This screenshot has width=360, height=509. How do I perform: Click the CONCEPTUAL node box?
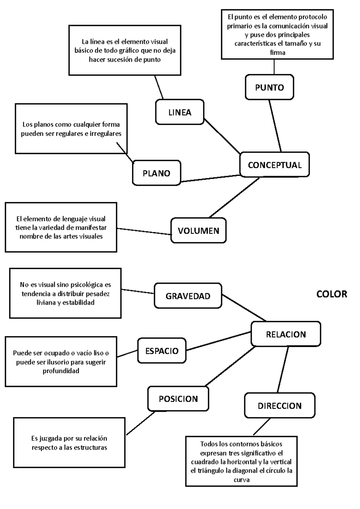pyautogui.click(x=274, y=165)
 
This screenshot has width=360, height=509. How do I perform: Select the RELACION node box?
pyautogui.click(x=286, y=334)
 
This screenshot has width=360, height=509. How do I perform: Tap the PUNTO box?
pyautogui.click(x=269, y=87)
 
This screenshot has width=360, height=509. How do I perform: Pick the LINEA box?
pyautogui.click(x=179, y=112)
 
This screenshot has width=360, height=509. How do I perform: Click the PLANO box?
pyautogui.click(x=156, y=173)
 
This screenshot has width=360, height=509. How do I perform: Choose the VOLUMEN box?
pyautogui.click(x=198, y=231)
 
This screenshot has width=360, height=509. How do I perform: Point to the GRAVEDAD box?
pyautogui.click(x=188, y=296)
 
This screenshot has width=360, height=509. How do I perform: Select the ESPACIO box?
pyautogui.click(x=162, y=351)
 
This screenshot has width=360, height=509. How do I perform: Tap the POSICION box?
pyautogui.click(x=178, y=399)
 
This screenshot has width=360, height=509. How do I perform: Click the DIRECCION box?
pyautogui.click(x=280, y=406)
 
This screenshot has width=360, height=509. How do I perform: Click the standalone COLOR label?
pyautogui.click(x=331, y=294)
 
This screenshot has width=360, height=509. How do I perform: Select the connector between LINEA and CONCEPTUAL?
pyautogui.click(x=222, y=136)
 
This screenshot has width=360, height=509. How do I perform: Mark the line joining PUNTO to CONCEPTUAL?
pyautogui.click(x=275, y=126)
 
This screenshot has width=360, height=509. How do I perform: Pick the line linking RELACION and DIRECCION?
pyautogui.click(x=283, y=369)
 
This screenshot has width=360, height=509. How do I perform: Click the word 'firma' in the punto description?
pyautogui.click(x=277, y=52)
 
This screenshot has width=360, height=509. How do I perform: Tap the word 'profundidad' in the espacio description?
pyautogui.click(x=61, y=371)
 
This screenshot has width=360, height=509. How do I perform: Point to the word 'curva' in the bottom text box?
pyautogui.click(x=241, y=480)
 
